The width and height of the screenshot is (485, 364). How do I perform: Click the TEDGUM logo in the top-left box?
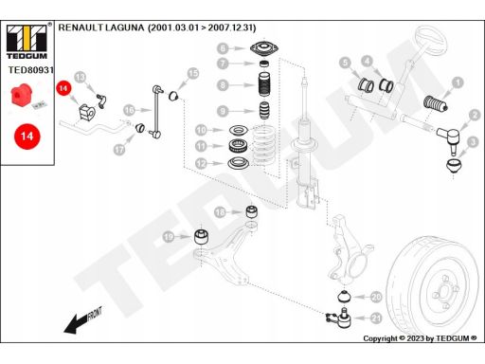[27, 42]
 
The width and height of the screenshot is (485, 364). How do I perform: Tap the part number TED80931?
[31, 70]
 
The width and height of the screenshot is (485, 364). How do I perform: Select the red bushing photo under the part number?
[21, 95]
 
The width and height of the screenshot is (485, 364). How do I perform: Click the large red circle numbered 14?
[27, 136]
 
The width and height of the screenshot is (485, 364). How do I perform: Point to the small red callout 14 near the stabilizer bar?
[63, 88]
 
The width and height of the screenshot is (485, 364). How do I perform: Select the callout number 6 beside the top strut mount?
[223, 48]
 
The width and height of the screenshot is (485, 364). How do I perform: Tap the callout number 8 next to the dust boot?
[223, 85]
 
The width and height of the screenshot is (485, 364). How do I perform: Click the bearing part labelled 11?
[238, 146]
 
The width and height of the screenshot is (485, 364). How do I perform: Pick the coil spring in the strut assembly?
[263, 145]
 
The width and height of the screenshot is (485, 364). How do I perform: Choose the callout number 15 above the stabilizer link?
[193, 74]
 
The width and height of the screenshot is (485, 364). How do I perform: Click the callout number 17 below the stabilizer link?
[119, 149]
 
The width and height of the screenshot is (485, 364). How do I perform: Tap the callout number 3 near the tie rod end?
[473, 142]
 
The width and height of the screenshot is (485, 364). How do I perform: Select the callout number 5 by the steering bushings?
[345, 63]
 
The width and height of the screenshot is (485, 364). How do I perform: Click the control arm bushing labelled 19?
[201, 237]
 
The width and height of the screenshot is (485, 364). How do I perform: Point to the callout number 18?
[220, 212]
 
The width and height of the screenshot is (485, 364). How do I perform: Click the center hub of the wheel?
[445, 291]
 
